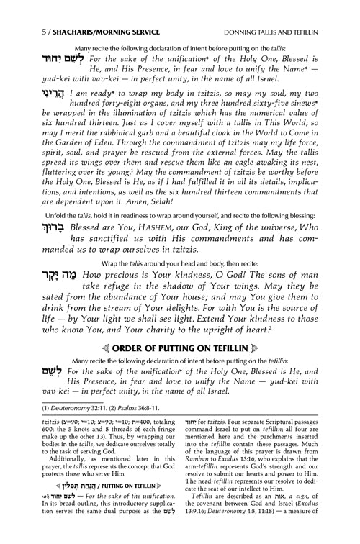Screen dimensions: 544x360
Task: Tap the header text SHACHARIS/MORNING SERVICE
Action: pos(84,10)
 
